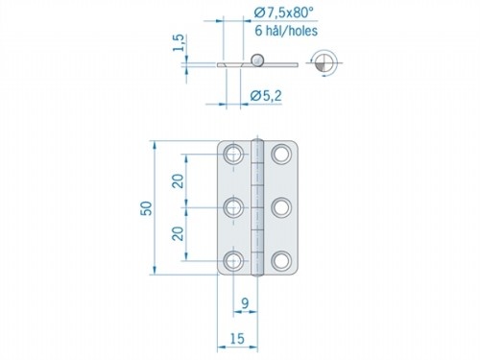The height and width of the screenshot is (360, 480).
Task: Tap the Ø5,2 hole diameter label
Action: point(267,94)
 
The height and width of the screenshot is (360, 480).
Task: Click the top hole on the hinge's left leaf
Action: point(233,155)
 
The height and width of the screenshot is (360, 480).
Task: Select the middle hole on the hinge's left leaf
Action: point(233,206)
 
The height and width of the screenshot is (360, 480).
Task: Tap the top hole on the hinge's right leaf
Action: point(280,155)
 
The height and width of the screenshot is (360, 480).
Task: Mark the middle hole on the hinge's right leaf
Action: point(280,206)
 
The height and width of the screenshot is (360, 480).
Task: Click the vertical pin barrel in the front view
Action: point(256,206)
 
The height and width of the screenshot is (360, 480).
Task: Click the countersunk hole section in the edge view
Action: point(228,64)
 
